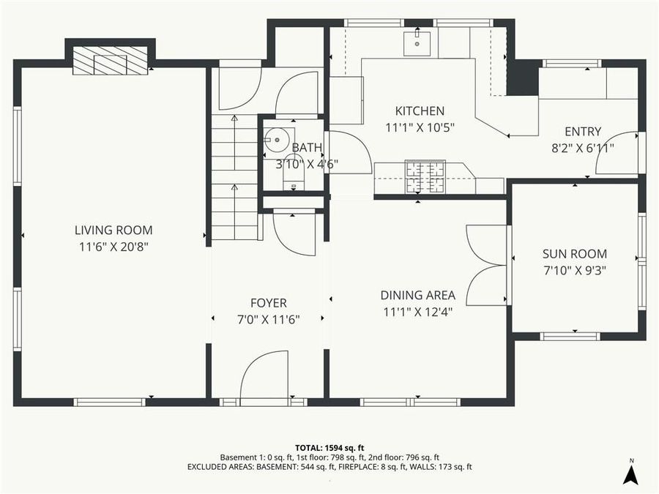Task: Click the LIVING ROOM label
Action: tap(113, 231)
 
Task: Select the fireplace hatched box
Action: tap(110, 61)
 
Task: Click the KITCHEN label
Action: tap(420, 111)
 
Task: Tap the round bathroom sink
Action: tap(277, 139)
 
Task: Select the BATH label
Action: tap(307, 148)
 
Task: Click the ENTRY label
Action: tap(583, 132)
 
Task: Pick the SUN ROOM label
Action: tap(574, 254)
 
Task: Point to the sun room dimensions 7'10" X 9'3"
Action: tap(574, 270)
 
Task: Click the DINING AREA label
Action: tap(417, 296)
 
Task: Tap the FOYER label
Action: tap(268, 303)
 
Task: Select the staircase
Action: tap(235, 179)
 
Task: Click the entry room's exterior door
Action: tap(619, 152)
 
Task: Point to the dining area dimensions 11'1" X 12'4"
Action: tap(417, 312)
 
